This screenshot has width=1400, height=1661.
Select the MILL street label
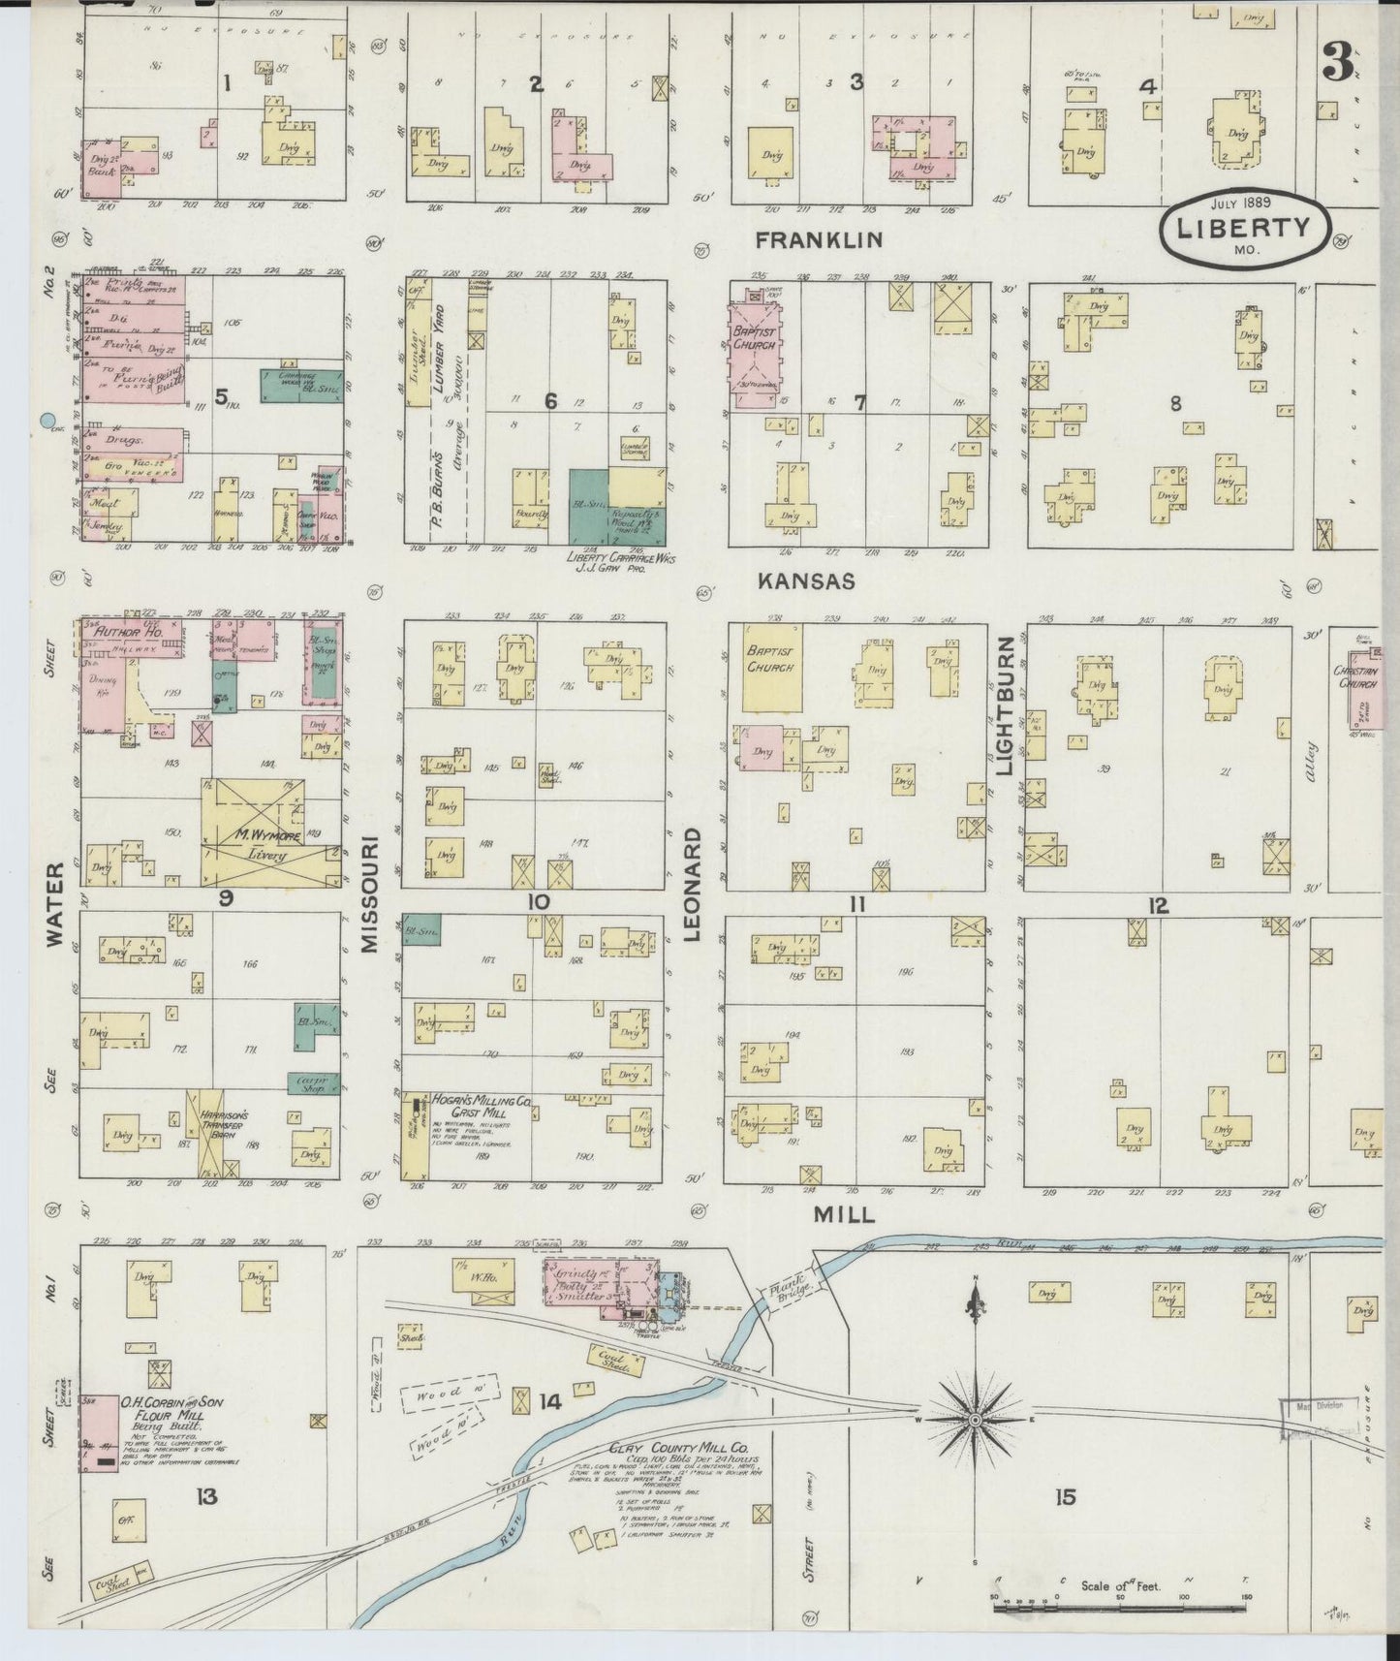tap(844, 1214)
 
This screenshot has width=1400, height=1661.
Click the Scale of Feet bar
tap(1119, 1609)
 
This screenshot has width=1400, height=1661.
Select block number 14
tap(550, 1400)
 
